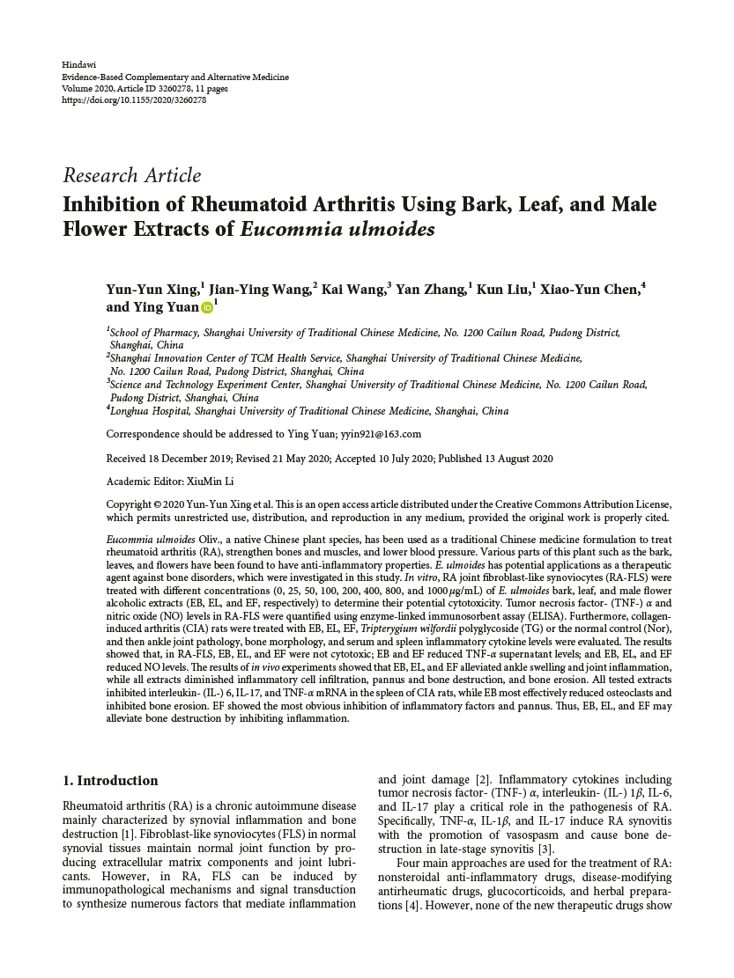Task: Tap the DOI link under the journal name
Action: (x=134, y=100)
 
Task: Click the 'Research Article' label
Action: (x=132, y=175)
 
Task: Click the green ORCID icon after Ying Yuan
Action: (x=207, y=307)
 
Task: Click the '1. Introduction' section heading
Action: (x=111, y=781)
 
